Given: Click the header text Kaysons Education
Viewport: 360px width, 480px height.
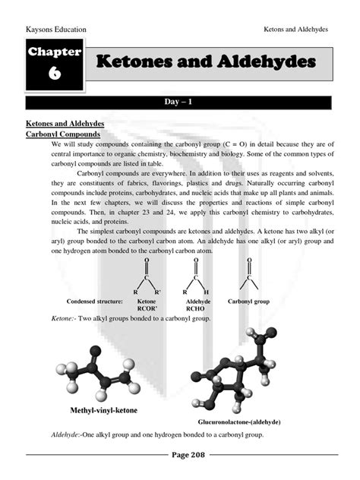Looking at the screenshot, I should (x=57, y=30).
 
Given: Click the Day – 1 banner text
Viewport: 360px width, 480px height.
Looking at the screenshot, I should (x=180, y=100).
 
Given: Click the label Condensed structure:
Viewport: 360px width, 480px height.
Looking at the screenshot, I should (x=95, y=302).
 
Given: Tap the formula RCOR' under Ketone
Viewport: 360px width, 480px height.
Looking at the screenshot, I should (x=146, y=309).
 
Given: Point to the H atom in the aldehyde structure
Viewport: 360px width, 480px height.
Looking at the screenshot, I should (x=207, y=292).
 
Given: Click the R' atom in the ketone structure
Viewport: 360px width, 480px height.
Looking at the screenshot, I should (x=157, y=292).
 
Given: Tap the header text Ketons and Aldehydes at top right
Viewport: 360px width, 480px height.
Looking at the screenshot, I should (x=295, y=30).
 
